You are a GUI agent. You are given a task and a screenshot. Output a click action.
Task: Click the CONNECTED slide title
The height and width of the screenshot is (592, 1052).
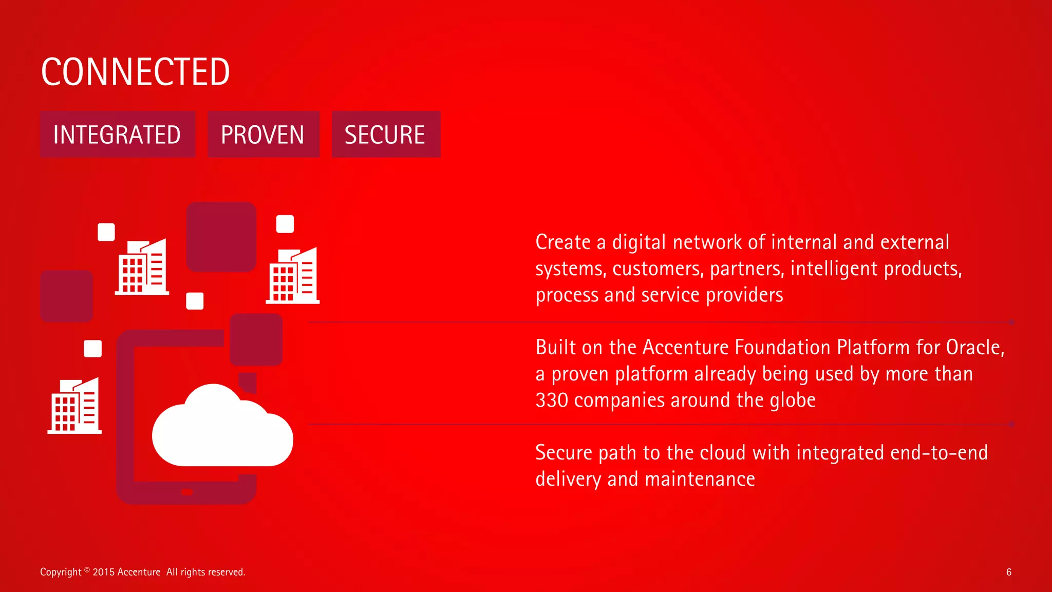135,72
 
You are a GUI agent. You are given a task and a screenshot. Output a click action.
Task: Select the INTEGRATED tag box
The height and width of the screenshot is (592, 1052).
117,135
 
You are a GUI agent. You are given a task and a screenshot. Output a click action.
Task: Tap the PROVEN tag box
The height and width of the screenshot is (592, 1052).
263,135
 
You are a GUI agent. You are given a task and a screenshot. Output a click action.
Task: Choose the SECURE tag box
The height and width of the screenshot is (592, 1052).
385,135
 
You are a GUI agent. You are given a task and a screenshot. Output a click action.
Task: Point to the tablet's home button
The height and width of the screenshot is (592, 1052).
187,492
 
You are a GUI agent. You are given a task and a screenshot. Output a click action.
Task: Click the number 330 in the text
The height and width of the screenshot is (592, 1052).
552,400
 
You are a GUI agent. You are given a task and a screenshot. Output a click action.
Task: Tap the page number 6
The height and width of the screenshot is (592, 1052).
1009,572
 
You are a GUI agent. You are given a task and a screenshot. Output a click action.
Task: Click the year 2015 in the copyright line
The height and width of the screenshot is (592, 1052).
104,572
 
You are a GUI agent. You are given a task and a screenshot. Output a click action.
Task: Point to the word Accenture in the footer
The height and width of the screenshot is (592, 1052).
139,572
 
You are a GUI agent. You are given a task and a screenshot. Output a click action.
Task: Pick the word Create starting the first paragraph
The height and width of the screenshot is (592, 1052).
563,242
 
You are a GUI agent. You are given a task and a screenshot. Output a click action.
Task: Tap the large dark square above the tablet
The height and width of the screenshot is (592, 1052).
221,237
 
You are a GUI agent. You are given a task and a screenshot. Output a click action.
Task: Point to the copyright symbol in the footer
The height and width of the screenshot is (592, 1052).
87,569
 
